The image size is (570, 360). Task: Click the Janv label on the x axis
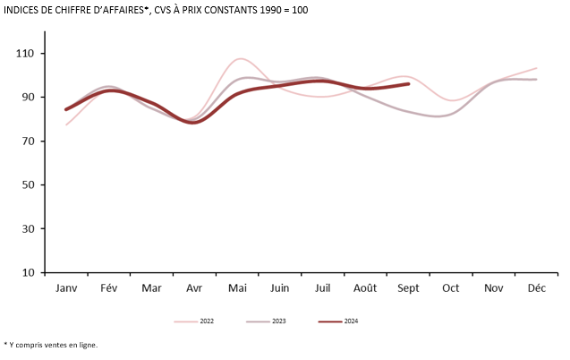click(66, 288)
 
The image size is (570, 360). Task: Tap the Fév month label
click(109, 288)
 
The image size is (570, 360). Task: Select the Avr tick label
click(194, 288)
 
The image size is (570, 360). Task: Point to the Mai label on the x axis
click(237, 288)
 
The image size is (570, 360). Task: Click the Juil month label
click(322, 288)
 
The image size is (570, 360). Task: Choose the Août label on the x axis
click(365, 288)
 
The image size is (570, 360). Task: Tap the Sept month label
click(408, 288)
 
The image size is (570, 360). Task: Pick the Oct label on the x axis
click(450, 288)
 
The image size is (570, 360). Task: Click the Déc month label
click(536, 288)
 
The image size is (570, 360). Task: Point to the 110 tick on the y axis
click(24, 54)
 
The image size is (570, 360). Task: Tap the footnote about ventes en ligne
click(51, 345)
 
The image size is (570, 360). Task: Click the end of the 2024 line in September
click(409, 84)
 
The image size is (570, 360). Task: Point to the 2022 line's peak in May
click(238, 59)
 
